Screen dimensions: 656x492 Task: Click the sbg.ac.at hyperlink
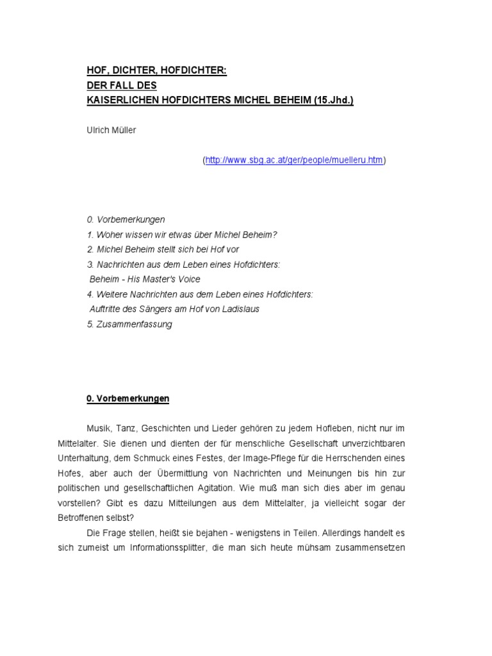click(x=295, y=160)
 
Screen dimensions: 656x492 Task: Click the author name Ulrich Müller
click(x=111, y=131)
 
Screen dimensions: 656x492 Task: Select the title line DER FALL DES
click(x=122, y=85)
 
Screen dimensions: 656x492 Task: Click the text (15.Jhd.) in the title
click(x=334, y=101)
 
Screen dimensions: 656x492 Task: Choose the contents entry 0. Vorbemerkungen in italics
click(x=126, y=220)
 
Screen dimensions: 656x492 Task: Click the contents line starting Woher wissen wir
click(x=182, y=234)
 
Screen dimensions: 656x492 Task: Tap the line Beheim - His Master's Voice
click(x=145, y=279)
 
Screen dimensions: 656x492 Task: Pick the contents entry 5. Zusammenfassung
click(x=129, y=324)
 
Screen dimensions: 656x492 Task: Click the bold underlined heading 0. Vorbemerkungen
click(x=128, y=398)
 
